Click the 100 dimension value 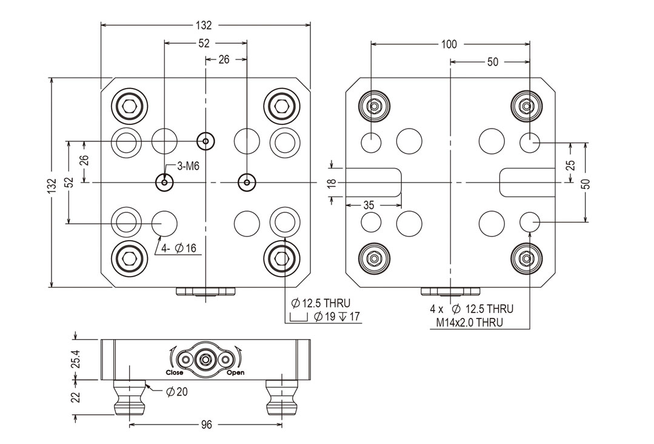449,44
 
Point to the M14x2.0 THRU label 469,322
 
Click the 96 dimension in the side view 206,425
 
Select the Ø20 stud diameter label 176,392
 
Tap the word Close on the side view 175,372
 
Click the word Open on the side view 235,372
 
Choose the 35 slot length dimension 368,206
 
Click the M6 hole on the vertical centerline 206,142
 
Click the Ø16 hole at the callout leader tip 164,223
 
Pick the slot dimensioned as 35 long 373,182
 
